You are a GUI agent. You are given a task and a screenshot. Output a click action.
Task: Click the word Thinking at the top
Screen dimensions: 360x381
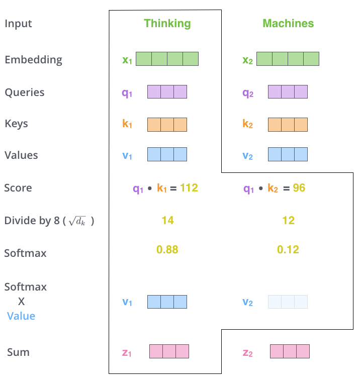coord(167,23)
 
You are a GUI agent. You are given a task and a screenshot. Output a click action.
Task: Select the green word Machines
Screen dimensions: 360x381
coord(288,23)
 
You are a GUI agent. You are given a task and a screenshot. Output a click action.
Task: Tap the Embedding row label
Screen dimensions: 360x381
coord(33,60)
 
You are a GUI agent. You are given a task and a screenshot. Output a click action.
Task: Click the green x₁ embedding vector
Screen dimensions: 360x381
coord(167,59)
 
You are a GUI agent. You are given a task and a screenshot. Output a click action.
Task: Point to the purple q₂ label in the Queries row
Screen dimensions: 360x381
coord(248,92)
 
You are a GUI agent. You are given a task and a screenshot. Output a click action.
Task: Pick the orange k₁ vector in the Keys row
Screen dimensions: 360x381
coord(167,124)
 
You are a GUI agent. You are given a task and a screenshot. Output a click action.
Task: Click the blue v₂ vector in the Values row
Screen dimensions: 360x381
coord(288,154)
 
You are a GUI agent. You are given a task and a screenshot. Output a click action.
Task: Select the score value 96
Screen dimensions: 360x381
coord(299,188)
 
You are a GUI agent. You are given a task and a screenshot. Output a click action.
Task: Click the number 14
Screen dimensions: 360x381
coord(167,220)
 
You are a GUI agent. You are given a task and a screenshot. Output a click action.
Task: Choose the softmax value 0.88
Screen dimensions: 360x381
coord(167,250)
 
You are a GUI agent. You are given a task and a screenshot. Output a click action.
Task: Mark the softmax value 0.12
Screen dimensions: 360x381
coord(288,250)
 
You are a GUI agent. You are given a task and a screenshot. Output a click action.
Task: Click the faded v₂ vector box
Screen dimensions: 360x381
coord(288,302)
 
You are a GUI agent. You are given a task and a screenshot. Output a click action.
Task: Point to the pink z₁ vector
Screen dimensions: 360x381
coord(169,351)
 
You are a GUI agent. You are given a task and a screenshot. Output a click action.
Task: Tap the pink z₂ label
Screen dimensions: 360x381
coord(248,352)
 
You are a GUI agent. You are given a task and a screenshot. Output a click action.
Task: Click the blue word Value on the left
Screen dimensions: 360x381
coord(21,316)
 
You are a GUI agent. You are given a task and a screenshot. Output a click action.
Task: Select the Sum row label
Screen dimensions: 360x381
coord(18,352)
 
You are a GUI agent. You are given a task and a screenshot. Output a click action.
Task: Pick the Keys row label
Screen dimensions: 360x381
coord(16,124)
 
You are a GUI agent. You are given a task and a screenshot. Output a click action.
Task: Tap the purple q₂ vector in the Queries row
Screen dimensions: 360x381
coord(288,91)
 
